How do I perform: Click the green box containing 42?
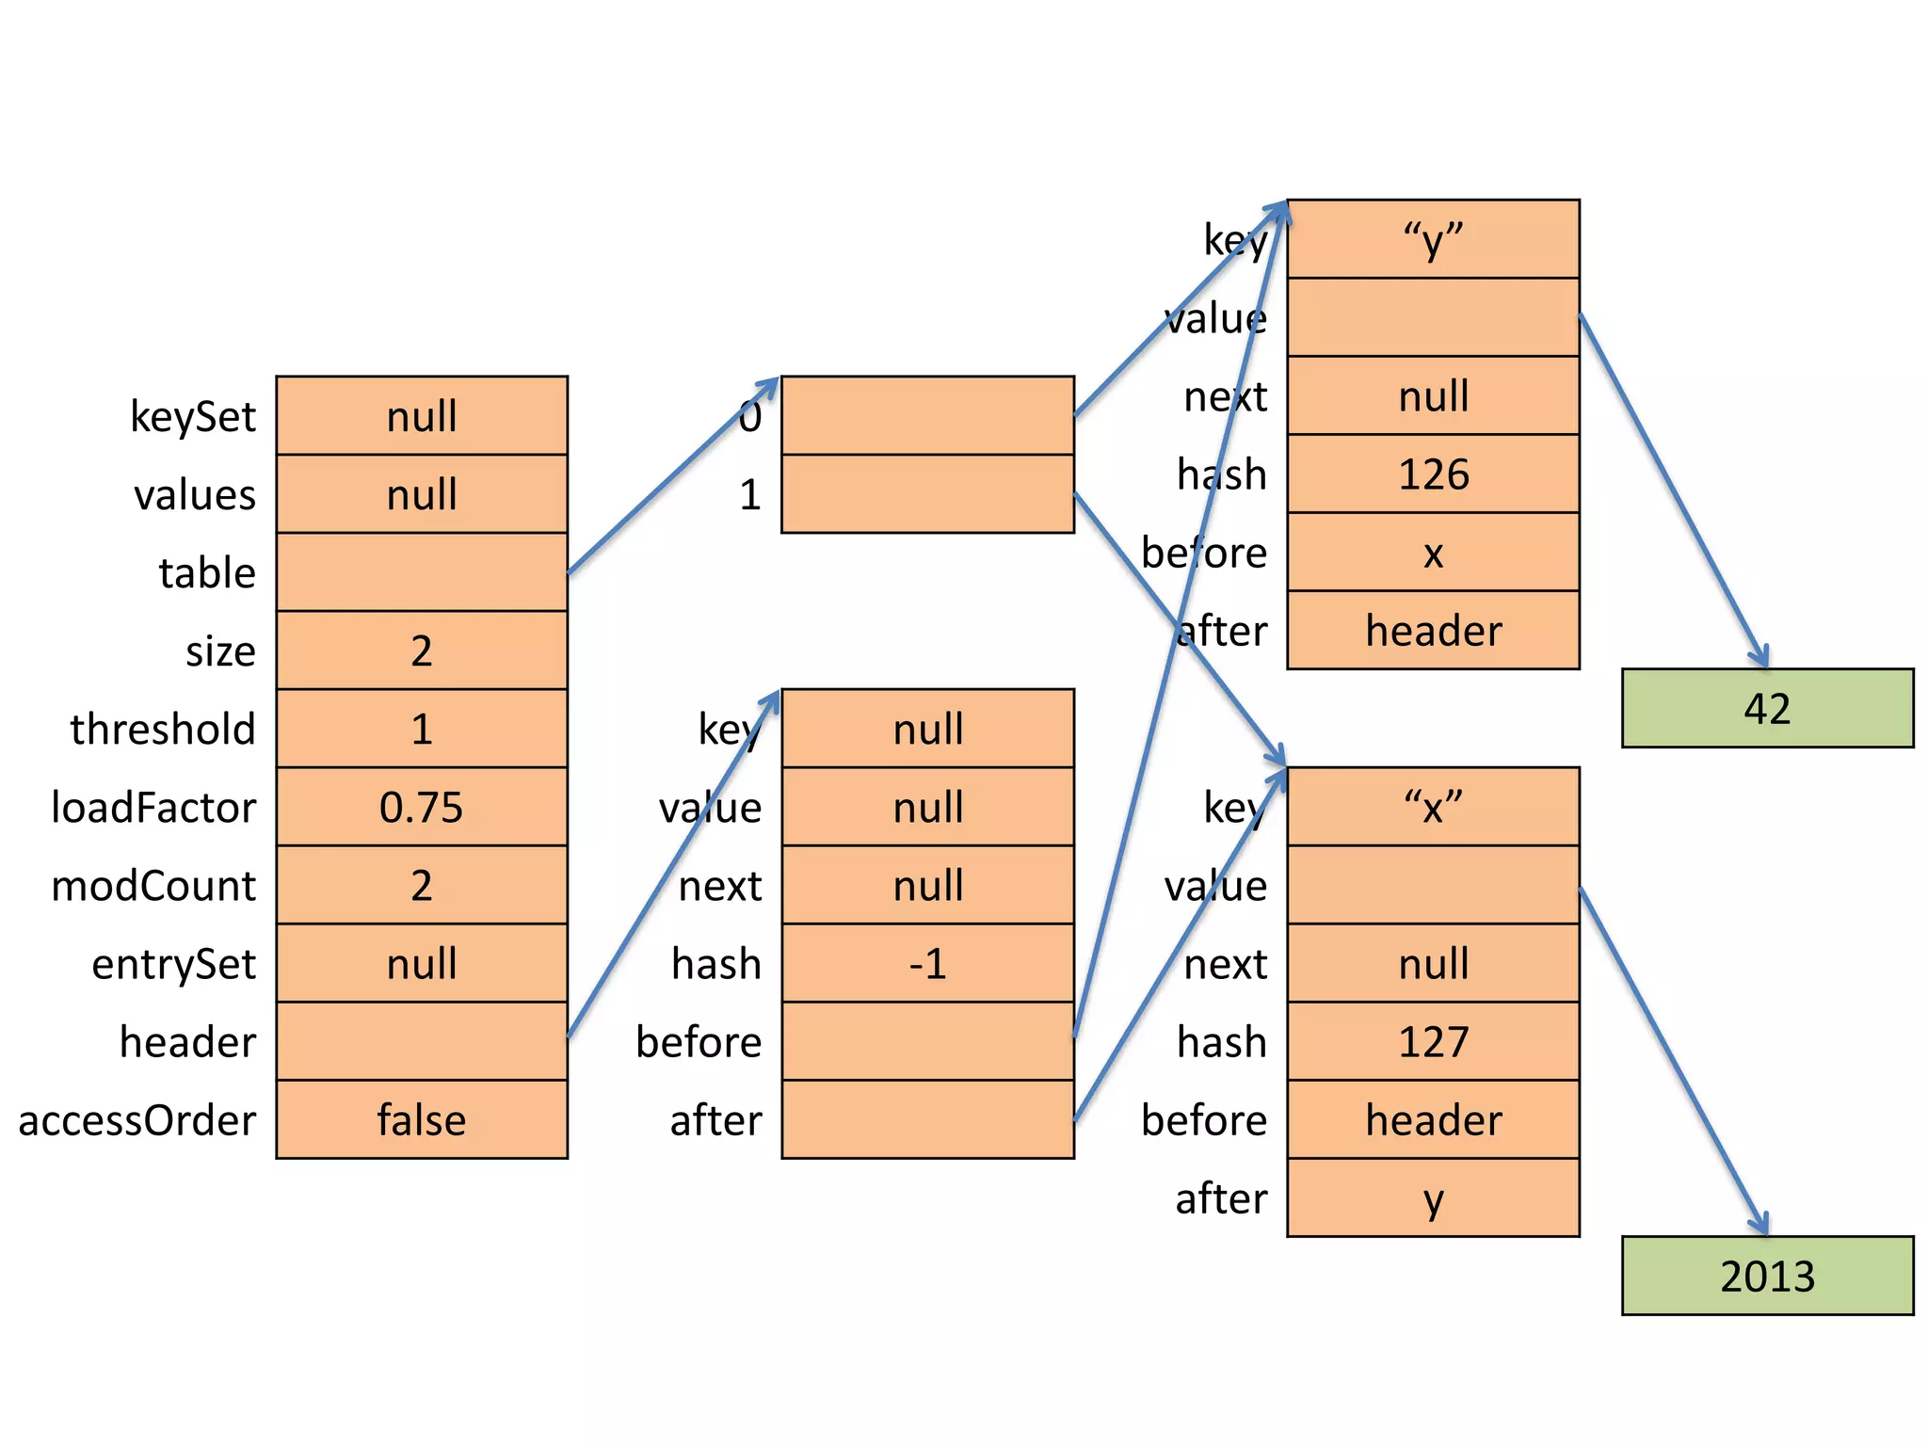coord(1767,708)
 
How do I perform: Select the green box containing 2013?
coord(1767,1276)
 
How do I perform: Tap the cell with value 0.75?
coord(422,807)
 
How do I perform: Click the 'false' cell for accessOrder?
coord(422,1119)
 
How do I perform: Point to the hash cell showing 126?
coord(1433,474)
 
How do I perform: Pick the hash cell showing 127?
coord(1433,1041)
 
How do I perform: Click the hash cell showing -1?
coord(927,963)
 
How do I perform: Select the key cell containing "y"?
coord(1433,239)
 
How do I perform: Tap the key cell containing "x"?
coord(1433,807)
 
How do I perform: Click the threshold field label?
coord(163,729)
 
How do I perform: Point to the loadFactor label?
coord(153,807)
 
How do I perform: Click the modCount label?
coord(153,885)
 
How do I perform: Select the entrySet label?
coord(174,963)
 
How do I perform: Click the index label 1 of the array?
coord(749,494)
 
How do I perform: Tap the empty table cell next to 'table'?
coord(422,572)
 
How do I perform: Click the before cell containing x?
coord(1433,553)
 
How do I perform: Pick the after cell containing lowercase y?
coord(1433,1197)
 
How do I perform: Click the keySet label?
coord(193,416)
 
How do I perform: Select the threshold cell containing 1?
coord(422,729)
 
